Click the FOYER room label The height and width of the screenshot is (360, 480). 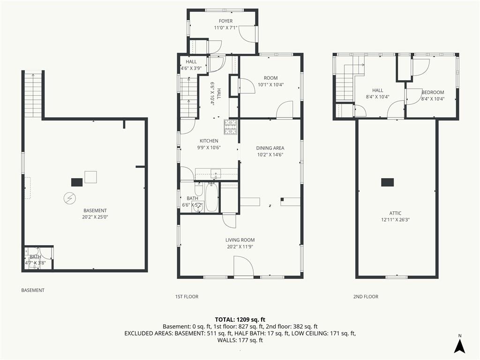(225, 21)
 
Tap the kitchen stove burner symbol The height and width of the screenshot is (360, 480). (231, 127)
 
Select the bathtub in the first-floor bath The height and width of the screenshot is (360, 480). (211, 197)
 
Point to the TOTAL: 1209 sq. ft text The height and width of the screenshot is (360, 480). (240, 320)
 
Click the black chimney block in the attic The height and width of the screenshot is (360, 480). (388, 182)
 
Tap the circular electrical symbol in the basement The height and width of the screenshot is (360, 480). (69, 198)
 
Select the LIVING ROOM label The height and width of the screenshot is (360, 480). (240, 240)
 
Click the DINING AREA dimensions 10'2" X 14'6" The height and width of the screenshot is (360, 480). (270, 155)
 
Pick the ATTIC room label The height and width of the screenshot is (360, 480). (395, 213)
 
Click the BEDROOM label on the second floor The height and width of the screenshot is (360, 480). (433, 92)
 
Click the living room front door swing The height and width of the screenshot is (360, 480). (243, 266)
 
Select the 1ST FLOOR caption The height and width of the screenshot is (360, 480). (187, 297)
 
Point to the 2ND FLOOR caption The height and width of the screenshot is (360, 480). (366, 297)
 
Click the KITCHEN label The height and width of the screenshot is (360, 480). (209, 141)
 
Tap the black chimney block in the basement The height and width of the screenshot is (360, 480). (77, 182)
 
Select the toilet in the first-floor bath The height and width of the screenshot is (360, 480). (198, 189)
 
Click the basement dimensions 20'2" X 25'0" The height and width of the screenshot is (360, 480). (95, 217)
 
